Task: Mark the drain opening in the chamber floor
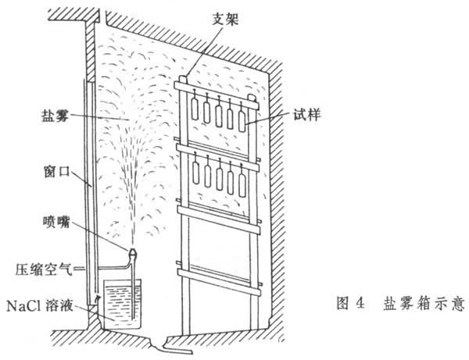pyautogui.click(x=163, y=343)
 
